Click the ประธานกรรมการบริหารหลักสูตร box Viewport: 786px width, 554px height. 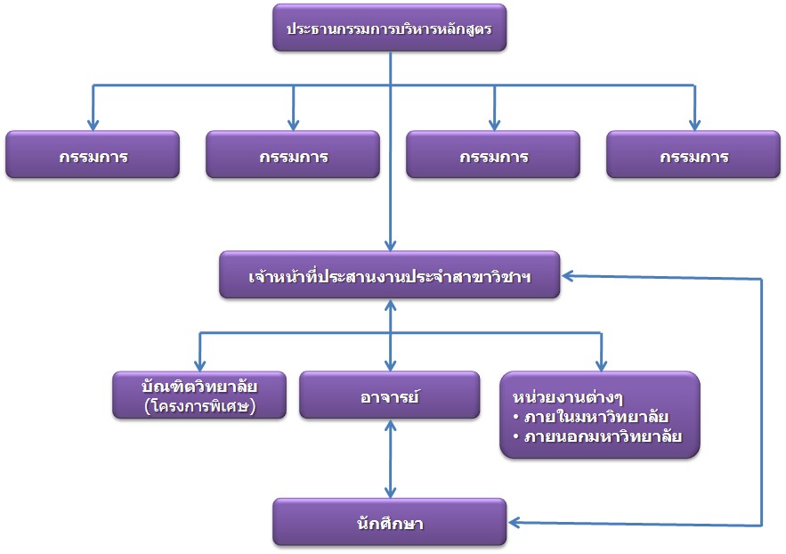tap(390, 29)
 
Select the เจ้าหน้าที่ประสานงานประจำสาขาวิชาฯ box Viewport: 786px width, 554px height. tap(390, 275)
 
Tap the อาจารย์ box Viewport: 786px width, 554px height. tap(390, 394)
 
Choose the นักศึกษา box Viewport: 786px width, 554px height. tap(390, 522)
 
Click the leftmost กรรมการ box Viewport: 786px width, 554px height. tap(93, 156)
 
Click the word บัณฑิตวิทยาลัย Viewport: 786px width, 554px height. tap(199, 385)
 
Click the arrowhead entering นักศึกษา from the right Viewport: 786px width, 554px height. tap(515, 523)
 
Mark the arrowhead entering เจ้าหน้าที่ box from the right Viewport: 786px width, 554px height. tap(568, 276)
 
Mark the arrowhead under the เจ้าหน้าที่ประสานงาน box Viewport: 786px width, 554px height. tap(390, 306)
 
